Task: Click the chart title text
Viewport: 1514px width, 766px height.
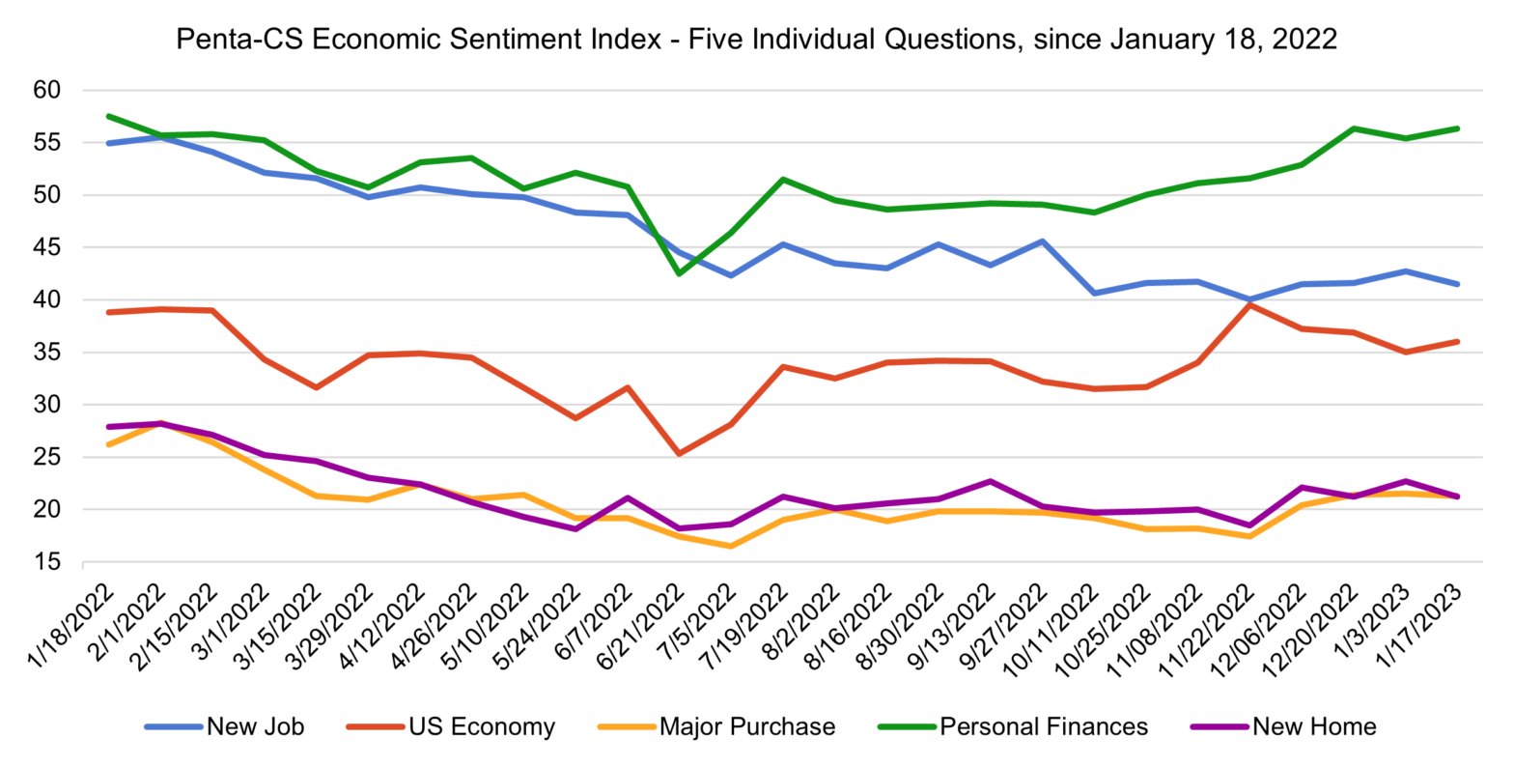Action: coord(756,39)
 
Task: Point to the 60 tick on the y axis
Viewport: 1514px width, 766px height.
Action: coord(47,91)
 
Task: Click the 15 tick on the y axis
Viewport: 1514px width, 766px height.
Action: coord(47,563)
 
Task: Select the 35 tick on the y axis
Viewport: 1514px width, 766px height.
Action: coord(47,354)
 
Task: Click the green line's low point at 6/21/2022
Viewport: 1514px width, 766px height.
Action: coord(679,273)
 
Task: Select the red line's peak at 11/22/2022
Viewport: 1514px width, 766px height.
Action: coord(1250,305)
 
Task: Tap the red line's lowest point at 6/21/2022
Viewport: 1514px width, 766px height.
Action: coord(679,453)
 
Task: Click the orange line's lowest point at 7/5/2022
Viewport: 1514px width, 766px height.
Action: coord(731,546)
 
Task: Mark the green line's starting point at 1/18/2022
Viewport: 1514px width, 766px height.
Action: coord(107,116)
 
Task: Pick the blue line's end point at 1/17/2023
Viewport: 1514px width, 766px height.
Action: coord(1457,284)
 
